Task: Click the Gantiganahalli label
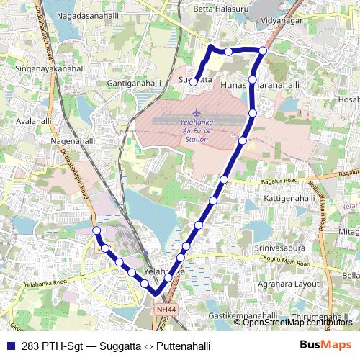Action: point(133,83)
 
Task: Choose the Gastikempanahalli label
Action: point(243,316)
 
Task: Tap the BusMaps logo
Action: point(325,345)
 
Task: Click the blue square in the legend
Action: point(12,346)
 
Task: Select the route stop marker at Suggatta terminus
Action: point(193,82)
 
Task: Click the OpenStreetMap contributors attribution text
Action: point(297,322)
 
